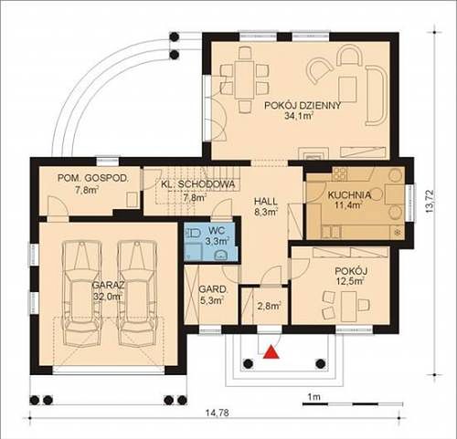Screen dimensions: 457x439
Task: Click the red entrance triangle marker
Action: tap(271, 352)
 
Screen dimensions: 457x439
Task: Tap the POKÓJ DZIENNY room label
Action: tap(303, 106)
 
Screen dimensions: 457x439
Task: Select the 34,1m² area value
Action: tap(300, 116)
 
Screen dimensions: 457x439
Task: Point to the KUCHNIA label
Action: tap(349, 195)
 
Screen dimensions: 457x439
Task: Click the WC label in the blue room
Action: tap(217, 231)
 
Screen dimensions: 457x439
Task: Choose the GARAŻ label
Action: tap(109, 286)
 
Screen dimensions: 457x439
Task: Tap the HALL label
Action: tap(266, 202)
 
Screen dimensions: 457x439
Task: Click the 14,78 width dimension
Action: tap(217, 413)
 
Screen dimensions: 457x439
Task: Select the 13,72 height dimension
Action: tap(430, 202)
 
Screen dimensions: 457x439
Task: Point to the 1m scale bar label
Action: tap(314, 397)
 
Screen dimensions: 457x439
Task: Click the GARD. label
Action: tap(213, 289)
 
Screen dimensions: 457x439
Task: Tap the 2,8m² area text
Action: tap(269, 306)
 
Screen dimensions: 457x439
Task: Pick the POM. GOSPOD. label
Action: tap(93, 178)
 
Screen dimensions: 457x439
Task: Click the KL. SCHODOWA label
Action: tap(198, 184)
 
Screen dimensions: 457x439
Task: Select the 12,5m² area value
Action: tap(350, 281)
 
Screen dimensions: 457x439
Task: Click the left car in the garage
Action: tap(81, 294)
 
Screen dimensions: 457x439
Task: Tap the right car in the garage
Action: tap(137, 294)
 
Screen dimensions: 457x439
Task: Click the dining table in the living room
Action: tap(244, 79)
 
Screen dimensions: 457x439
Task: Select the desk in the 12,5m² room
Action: tap(349, 307)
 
